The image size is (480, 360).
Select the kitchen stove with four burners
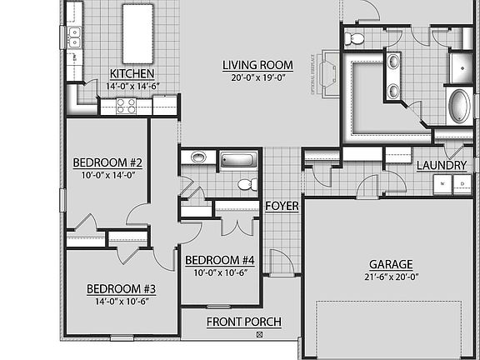coord(127,106)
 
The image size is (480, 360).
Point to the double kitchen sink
coord(75,35)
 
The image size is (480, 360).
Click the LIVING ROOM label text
coord(257,65)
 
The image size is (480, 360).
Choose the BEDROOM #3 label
coord(122,289)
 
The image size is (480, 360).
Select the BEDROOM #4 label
coord(219,259)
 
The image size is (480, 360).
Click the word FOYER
coord(282,206)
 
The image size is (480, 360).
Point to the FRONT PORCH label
coord(243,322)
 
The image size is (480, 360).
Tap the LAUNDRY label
coord(441,165)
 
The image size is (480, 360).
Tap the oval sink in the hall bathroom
coord(198,157)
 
